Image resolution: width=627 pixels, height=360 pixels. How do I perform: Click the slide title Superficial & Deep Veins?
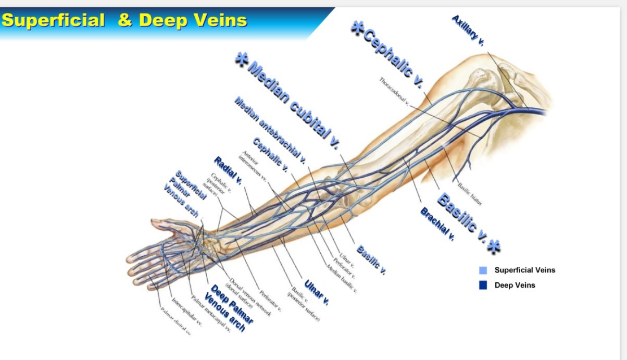tap(124, 20)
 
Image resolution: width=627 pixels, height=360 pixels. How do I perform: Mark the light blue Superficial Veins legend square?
tap(483, 270)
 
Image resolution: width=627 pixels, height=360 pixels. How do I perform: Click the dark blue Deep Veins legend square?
tap(483, 285)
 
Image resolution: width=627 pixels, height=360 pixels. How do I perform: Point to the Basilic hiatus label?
tap(468, 194)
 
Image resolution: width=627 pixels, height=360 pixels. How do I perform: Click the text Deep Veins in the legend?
tap(515, 285)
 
